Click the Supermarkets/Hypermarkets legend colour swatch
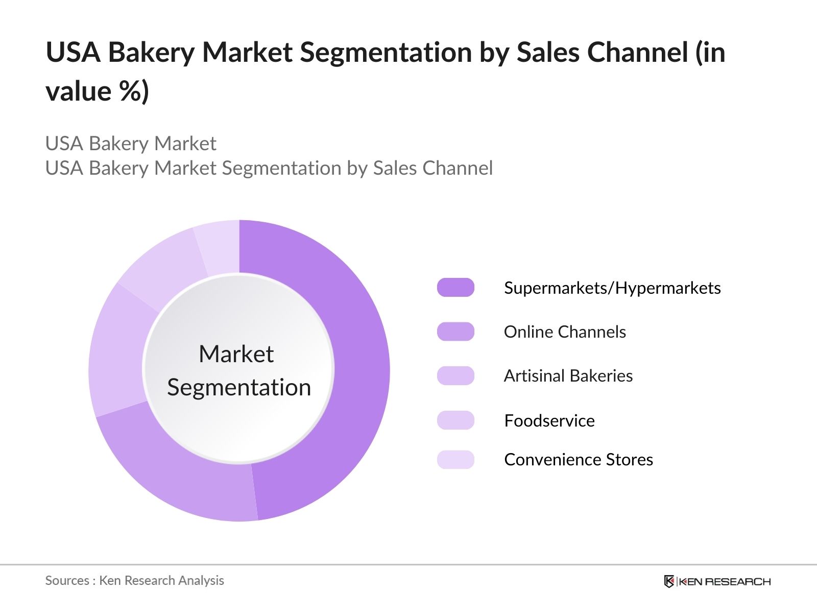[455, 288]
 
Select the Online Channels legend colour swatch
[455, 332]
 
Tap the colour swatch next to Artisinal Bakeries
[455, 375]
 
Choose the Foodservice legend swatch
[455, 420]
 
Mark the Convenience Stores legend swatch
[455, 459]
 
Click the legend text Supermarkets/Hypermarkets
[612, 288]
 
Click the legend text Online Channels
[564, 332]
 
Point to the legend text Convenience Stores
[578, 460]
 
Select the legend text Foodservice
[549, 420]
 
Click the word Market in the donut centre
[236, 354]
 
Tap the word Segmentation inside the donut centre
[238, 387]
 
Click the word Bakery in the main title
[151, 53]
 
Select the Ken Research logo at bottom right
[717, 581]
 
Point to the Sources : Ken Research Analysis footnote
[134, 580]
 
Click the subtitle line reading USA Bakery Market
[131, 144]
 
